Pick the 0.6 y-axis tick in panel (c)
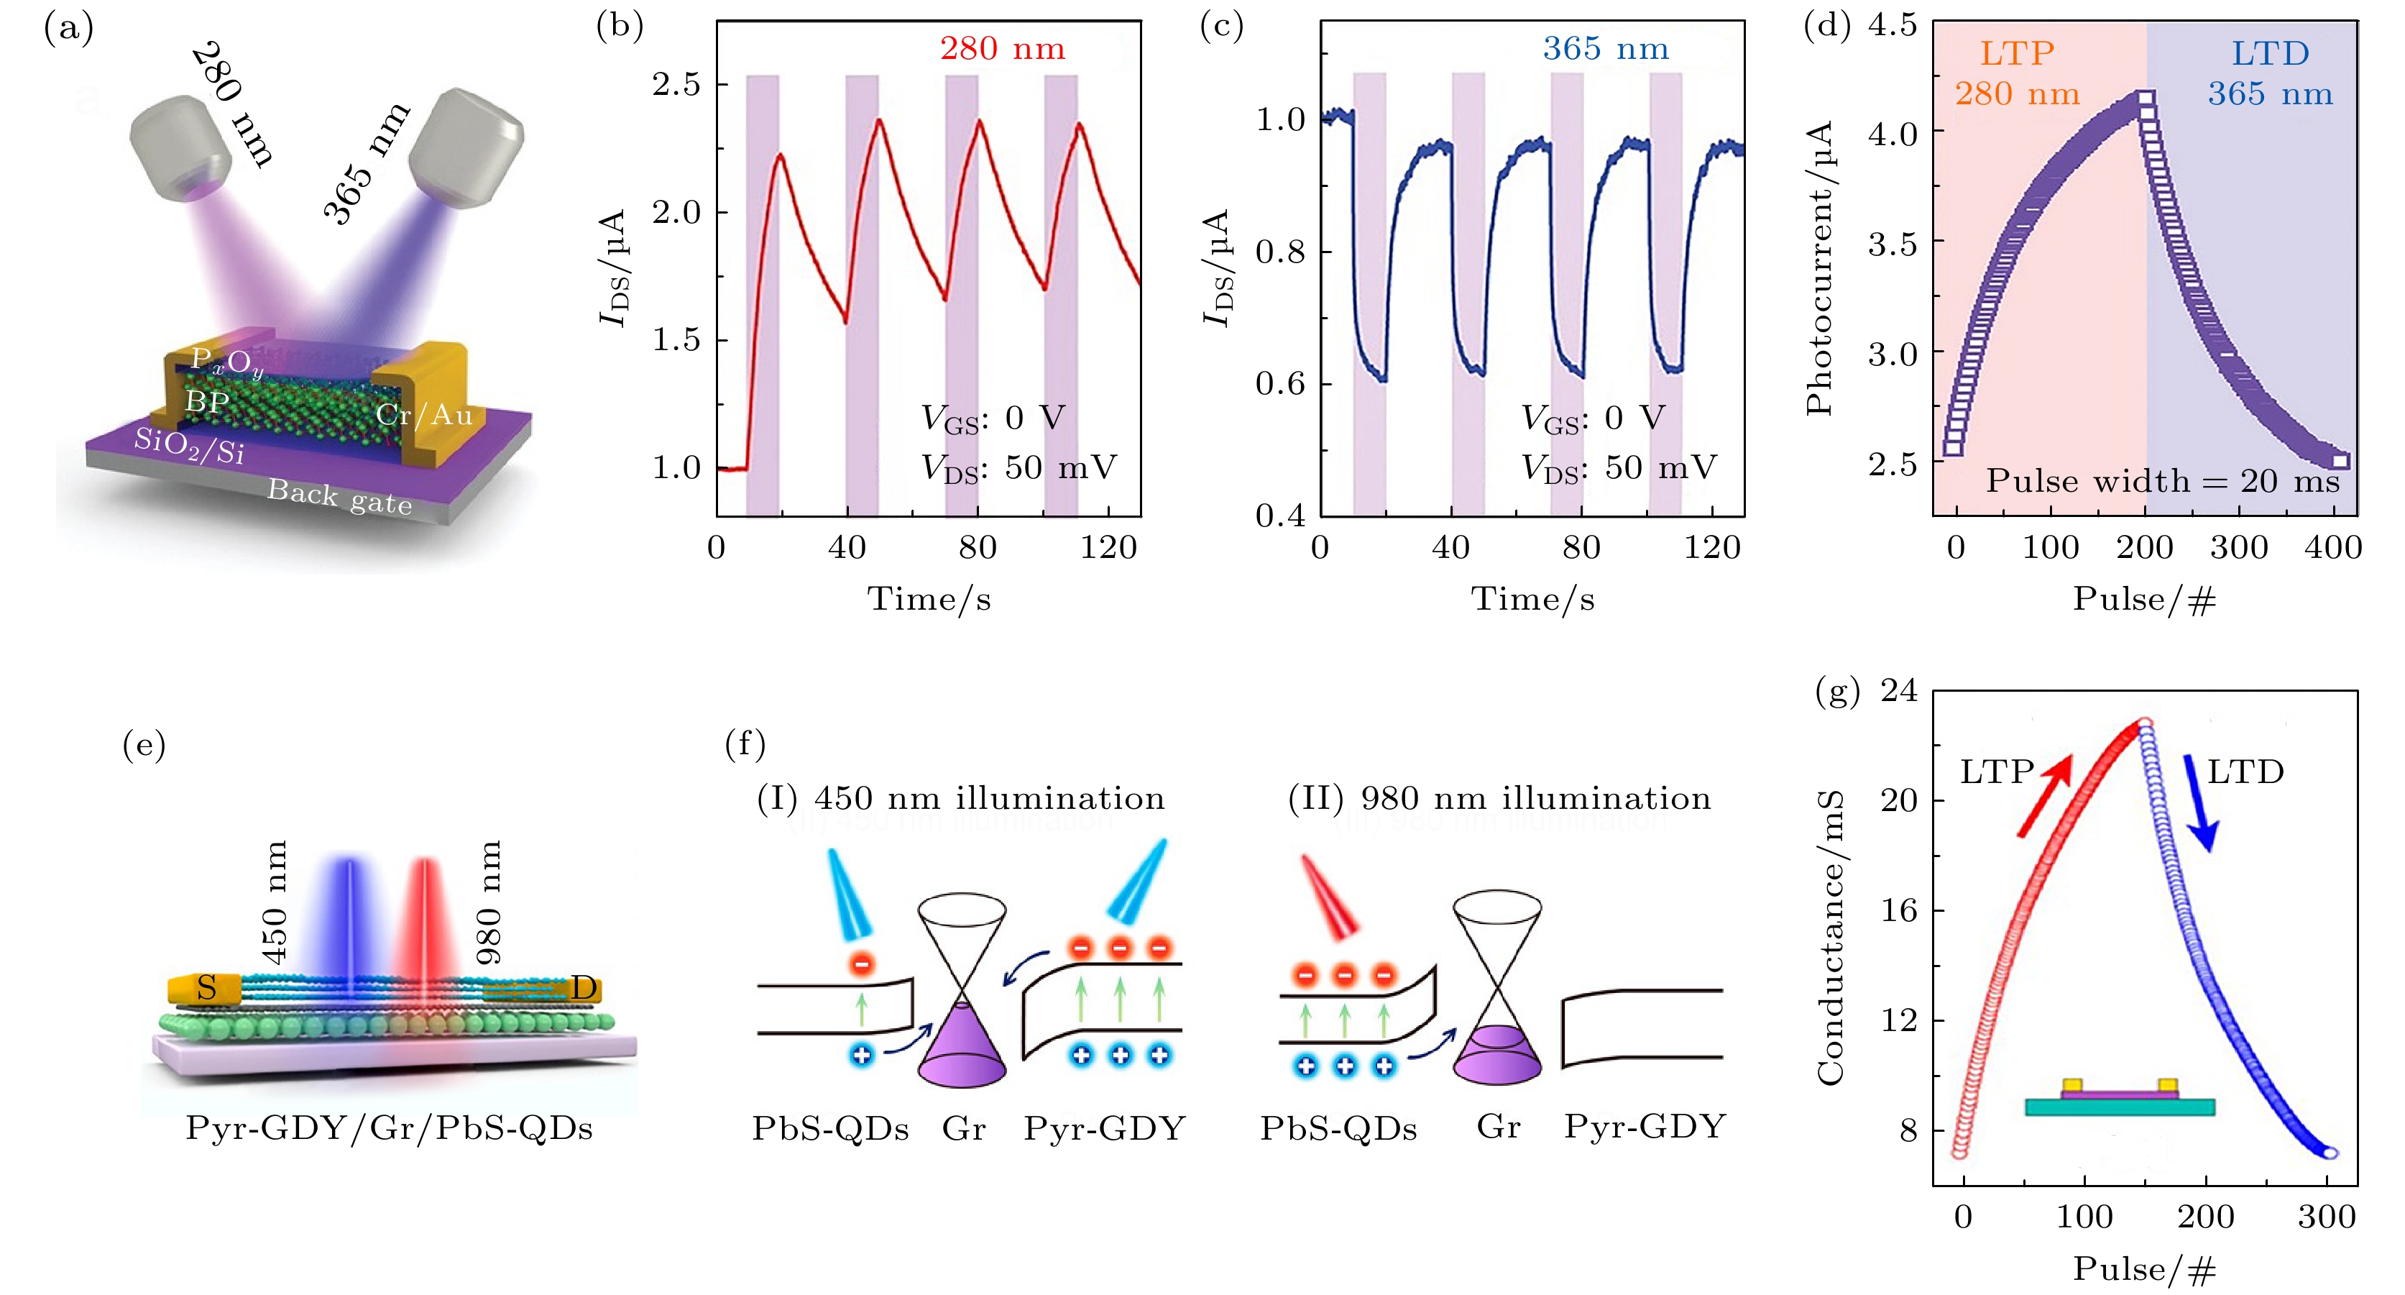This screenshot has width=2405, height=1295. [x=1280, y=383]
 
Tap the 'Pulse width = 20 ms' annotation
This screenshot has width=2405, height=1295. [x=2162, y=481]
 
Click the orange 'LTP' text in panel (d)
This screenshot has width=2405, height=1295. [x=2017, y=53]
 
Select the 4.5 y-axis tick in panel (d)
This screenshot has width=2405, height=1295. [x=1893, y=24]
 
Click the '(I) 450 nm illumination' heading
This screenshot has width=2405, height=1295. [x=961, y=798]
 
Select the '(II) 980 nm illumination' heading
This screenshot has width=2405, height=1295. [x=1499, y=798]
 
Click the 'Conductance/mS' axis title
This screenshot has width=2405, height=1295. [x=1831, y=936]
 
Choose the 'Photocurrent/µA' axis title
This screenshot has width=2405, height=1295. [x=1820, y=268]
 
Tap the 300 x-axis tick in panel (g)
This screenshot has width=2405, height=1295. [x=2327, y=1217]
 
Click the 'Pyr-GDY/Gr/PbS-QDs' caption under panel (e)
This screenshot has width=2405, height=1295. [x=390, y=1128]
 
